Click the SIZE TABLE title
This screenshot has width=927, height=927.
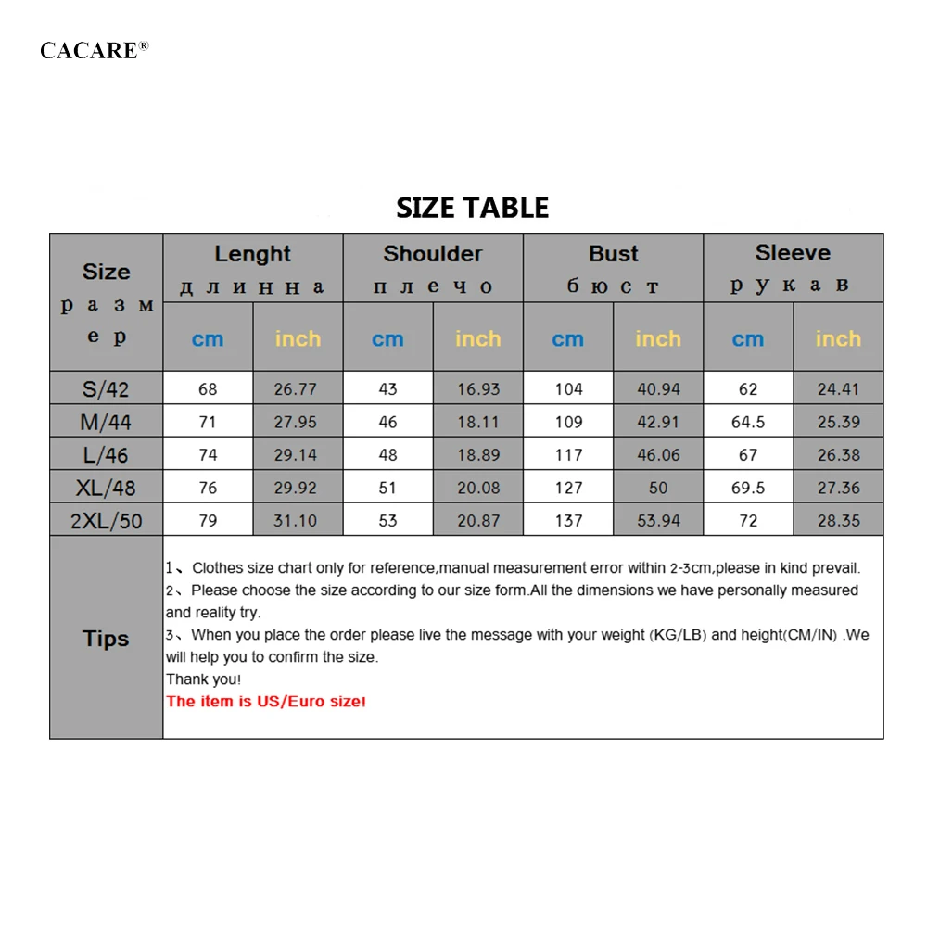(472, 207)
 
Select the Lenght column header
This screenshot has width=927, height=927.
(252, 254)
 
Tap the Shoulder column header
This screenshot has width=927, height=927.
(433, 254)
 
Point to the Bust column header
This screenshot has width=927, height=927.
(613, 254)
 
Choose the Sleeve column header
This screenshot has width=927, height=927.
(793, 253)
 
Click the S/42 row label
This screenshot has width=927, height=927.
(106, 389)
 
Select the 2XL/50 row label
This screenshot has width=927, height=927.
(106, 521)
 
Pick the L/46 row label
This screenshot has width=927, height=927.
(106, 455)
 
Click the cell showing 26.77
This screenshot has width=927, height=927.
(296, 389)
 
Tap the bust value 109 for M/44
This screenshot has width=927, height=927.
(568, 422)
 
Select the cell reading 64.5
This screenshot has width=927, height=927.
(748, 422)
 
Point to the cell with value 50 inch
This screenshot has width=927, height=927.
(658, 488)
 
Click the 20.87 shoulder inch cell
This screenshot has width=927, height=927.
(478, 521)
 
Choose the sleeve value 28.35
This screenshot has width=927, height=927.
(838, 521)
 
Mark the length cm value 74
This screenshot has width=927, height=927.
(208, 455)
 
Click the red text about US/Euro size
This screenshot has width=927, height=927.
(266, 702)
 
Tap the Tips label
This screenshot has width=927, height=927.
(106, 639)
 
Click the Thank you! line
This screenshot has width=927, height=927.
(203, 679)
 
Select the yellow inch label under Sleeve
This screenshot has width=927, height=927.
(838, 339)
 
